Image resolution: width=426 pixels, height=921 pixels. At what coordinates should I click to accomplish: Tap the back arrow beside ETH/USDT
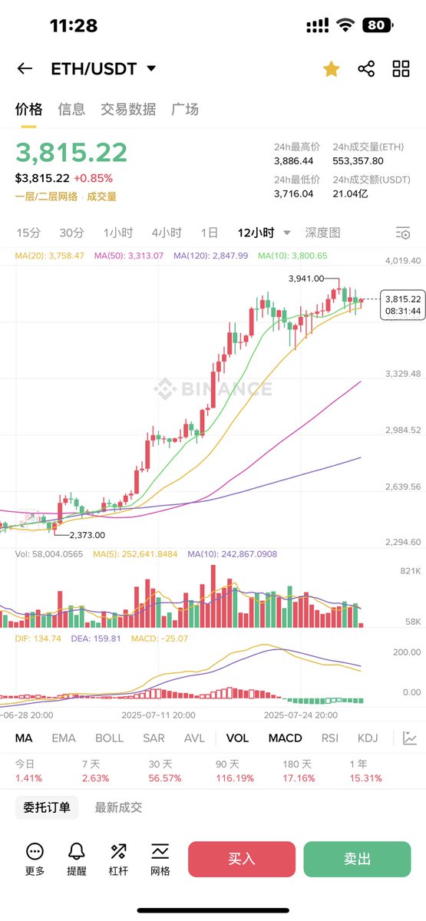coord(25,68)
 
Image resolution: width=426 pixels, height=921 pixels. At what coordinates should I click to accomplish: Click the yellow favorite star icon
coord(331,69)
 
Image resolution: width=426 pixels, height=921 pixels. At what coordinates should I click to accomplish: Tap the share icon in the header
coord(366,69)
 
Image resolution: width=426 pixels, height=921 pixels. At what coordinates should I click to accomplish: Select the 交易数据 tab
coord(128,110)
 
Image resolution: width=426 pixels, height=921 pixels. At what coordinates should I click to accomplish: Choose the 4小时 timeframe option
coord(167,233)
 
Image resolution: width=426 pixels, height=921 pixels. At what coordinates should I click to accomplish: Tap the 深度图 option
coord(322,233)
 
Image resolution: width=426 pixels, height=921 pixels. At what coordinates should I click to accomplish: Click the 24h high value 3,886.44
coord(294,161)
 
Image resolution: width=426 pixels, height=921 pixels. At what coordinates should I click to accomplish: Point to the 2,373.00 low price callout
coord(87,535)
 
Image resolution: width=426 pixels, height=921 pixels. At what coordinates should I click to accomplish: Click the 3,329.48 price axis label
coord(402,374)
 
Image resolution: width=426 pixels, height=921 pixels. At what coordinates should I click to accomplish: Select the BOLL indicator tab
coord(109,738)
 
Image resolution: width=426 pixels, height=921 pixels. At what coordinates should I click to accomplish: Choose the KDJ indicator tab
coord(368,738)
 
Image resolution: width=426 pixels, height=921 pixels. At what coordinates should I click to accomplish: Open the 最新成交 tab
coord(118,807)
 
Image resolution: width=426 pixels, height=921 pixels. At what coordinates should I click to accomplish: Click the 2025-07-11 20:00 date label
coord(159,715)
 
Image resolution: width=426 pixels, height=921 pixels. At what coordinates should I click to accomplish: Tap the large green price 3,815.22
coord(71,153)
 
